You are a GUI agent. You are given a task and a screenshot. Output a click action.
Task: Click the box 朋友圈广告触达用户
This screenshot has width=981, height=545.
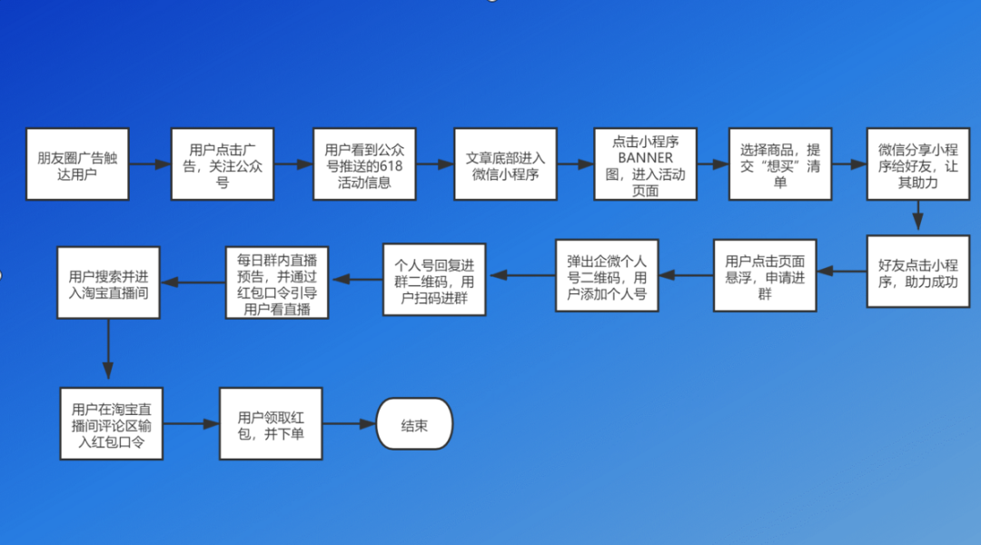[x=77, y=164]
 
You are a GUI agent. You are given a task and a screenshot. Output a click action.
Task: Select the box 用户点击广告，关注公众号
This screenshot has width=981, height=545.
[x=223, y=164]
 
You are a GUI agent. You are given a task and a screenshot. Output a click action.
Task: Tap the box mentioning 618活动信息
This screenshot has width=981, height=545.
[x=364, y=164]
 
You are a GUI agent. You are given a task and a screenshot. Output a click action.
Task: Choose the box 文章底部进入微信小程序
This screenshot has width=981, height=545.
[x=506, y=164]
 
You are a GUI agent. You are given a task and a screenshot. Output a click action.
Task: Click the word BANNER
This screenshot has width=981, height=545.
[x=646, y=157]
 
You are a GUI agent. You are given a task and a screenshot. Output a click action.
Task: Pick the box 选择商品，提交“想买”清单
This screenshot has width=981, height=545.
[x=780, y=164]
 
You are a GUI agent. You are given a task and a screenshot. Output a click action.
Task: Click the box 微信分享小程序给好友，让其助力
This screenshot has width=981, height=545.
[x=918, y=164]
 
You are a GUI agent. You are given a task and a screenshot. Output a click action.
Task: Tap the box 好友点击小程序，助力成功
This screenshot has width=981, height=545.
[x=918, y=272]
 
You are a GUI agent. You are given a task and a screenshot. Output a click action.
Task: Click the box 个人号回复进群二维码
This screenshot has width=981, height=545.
[x=434, y=280]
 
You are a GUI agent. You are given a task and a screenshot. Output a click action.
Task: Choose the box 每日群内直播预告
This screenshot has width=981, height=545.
[x=277, y=282]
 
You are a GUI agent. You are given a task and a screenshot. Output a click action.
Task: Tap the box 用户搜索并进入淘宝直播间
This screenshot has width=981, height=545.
[x=109, y=282]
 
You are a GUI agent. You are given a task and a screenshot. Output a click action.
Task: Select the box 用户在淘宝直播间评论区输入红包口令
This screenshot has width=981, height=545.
[x=112, y=423]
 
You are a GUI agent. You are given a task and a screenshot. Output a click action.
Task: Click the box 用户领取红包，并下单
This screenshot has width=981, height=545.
[x=271, y=423]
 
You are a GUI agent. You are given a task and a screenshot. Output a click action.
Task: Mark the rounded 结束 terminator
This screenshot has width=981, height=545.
[x=414, y=424]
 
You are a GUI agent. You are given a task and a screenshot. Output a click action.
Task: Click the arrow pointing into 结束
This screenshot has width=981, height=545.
[x=350, y=424]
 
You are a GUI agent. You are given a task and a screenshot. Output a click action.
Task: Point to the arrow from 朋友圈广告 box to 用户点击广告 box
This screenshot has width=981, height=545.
[x=150, y=164]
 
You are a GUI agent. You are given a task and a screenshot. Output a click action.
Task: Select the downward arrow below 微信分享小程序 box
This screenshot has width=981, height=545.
[x=918, y=216]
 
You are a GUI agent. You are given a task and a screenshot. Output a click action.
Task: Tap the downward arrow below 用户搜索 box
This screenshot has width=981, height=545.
[x=109, y=349]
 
